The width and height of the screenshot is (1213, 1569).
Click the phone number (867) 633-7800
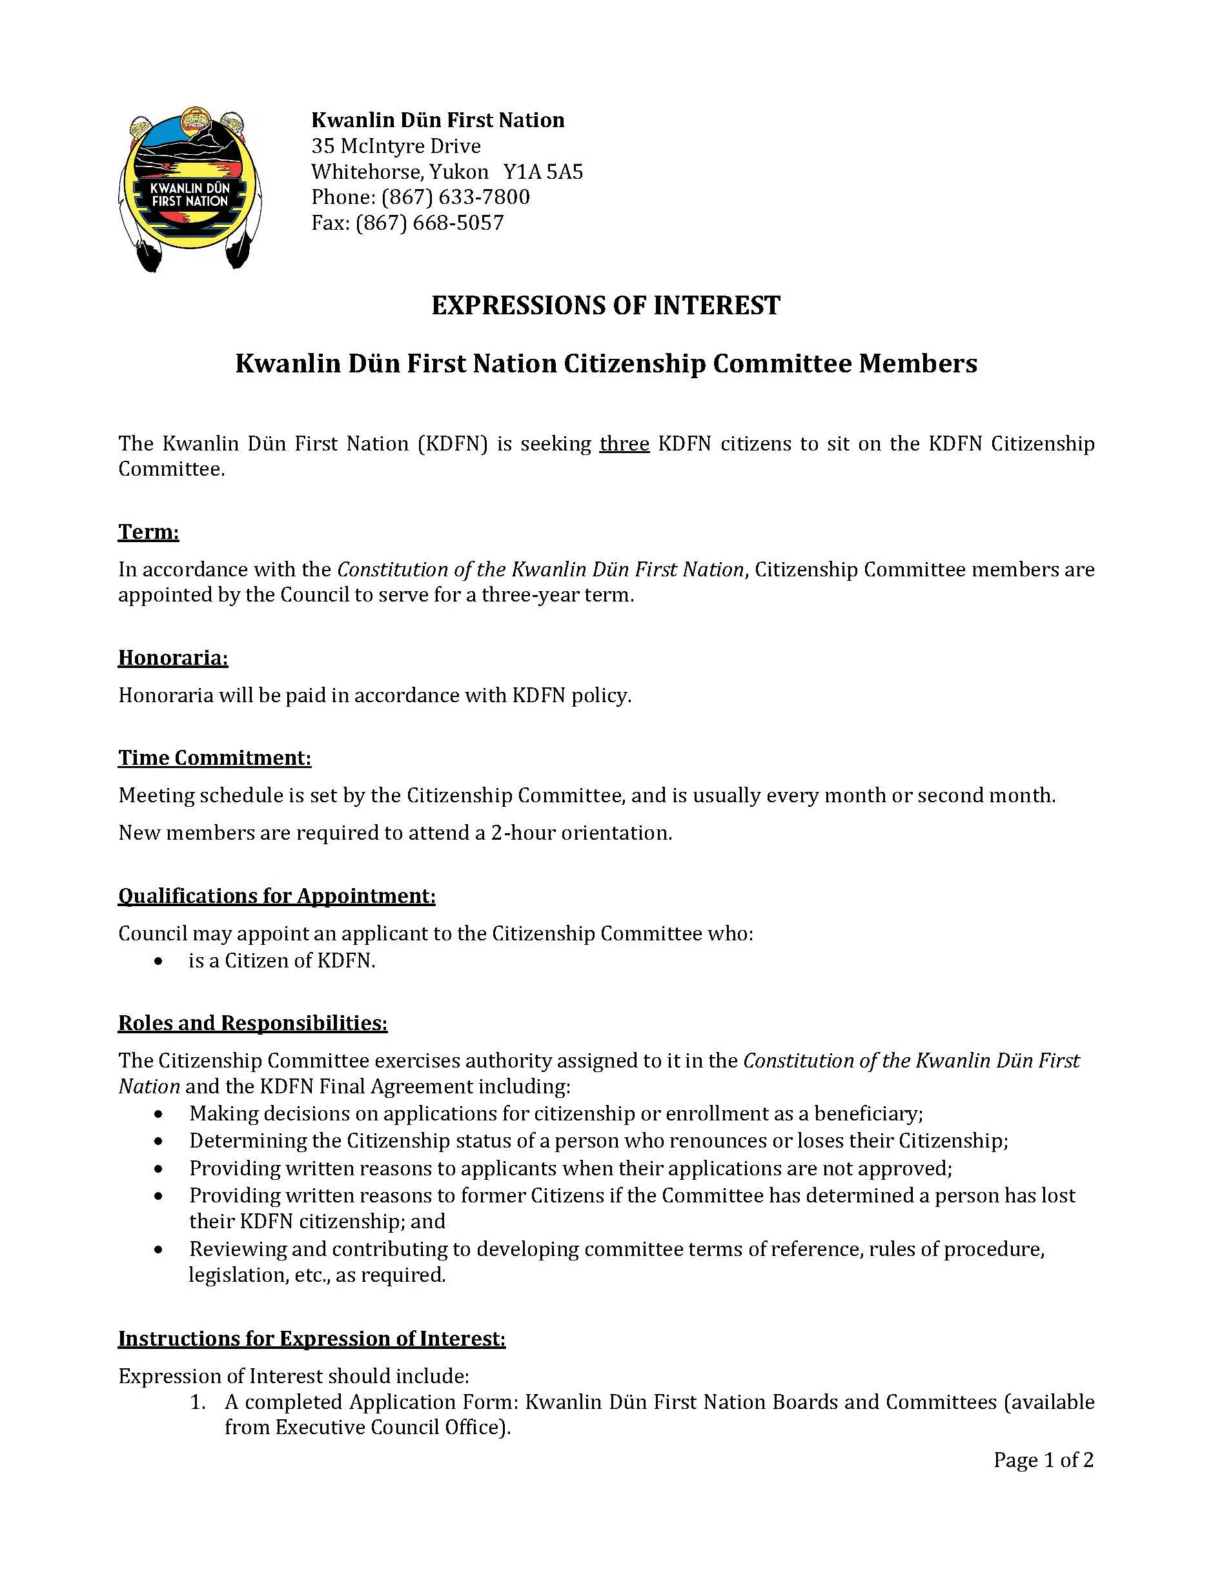456,197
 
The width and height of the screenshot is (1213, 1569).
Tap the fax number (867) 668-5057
429,223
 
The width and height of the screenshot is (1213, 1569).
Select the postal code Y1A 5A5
544,172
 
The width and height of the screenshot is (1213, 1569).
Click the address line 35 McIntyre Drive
396,146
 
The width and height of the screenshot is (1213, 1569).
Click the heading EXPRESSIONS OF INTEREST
606,305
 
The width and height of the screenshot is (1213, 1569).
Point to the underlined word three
624,443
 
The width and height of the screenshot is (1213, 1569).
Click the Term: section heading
148,532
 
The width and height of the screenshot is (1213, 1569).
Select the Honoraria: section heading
173,658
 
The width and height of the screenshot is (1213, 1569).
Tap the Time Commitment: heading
215,758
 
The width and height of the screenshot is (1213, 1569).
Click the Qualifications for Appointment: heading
277,896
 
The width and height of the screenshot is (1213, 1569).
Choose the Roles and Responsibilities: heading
253,1022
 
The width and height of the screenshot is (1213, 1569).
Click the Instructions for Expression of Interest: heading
312,1339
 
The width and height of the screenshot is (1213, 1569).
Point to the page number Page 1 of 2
1043,1460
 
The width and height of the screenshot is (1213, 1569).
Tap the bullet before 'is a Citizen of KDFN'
158,961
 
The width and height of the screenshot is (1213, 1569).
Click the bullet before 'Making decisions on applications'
158,1114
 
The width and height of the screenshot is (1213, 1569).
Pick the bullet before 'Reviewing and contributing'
158,1250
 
